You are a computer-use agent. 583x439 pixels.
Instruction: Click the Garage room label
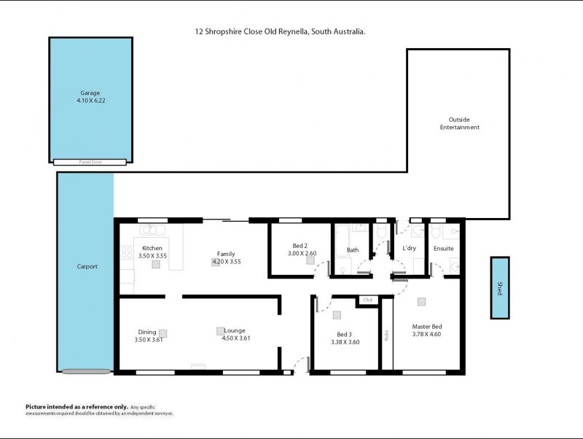click(90, 93)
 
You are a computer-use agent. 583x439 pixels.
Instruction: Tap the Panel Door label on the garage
click(90, 162)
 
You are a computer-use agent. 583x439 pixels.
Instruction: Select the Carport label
click(87, 266)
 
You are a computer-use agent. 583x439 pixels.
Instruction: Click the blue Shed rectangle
click(500, 287)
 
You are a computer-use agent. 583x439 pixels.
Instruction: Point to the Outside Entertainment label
click(460, 123)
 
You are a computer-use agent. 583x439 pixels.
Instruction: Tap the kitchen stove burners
click(127, 253)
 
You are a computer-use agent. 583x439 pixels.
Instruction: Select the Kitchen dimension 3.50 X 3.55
click(152, 256)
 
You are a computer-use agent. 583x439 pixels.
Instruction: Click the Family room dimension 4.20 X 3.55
click(227, 262)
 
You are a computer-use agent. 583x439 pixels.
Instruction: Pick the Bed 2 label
click(300, 246)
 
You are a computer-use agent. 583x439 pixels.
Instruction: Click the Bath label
click(353, 250)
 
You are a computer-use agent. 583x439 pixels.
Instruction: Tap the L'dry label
click(409, 248)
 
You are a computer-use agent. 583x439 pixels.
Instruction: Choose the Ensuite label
click(444, 249)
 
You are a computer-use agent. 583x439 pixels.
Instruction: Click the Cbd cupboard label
click(367, 300)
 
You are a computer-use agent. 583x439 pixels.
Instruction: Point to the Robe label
click(387, 335)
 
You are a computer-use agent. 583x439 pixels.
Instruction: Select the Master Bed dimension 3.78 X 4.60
click(426, 334)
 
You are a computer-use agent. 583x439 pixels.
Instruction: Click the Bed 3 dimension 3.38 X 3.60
click(345, 342)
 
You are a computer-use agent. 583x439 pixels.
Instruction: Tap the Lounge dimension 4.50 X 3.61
click(235, 338)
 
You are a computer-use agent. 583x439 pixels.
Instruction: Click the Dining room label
click(147, 332)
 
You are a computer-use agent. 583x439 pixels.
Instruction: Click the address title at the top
click(280, 31)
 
